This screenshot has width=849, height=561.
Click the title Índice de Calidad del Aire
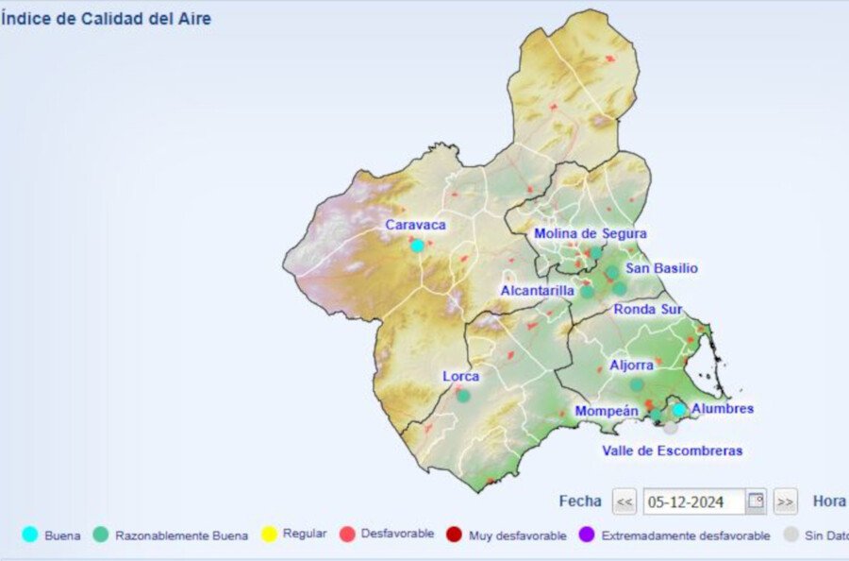[106, 19]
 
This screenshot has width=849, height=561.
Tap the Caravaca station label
[415, 225]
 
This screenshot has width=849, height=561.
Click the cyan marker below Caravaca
[417, 246]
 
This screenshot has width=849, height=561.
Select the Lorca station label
[461, 376]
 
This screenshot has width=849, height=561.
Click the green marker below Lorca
[463, 396]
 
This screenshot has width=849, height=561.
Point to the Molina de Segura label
[591, 233]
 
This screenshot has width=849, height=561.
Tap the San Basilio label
[661, 268]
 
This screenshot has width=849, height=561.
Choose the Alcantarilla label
[537, 291]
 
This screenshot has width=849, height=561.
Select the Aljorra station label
[631, 365]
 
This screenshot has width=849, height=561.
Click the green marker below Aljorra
[637, 384]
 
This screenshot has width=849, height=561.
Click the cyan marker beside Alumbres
[679, 410]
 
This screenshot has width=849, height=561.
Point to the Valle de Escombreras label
[672, 450]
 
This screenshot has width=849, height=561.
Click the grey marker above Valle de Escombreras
[670, 427]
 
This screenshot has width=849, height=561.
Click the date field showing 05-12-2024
[693, 501]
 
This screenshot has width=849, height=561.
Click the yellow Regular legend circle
[269, 535]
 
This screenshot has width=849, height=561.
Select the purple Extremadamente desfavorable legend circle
[586, 535]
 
